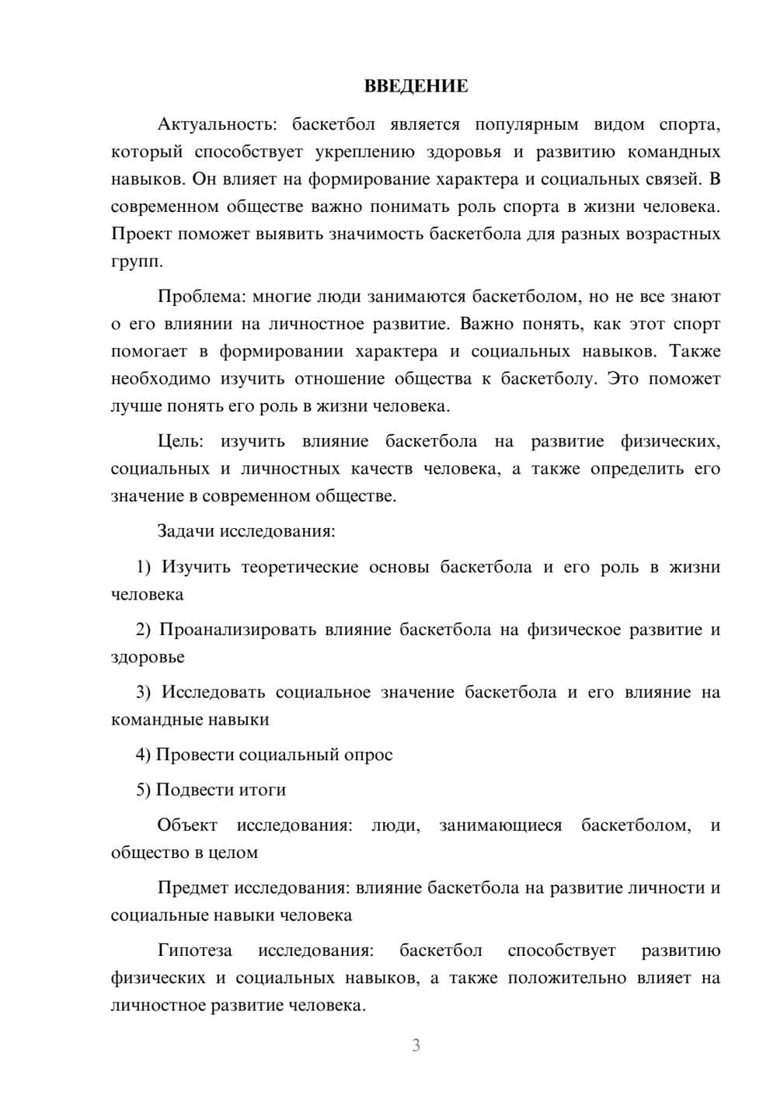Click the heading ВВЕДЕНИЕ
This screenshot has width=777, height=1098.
[416, 86]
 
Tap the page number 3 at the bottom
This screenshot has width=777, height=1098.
[416, 1045]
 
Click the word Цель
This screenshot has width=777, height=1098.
[180, 442]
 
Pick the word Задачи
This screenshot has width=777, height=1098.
[186, 532]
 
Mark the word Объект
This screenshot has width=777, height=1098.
[187, 825]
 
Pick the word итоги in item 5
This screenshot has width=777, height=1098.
[263, 790]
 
